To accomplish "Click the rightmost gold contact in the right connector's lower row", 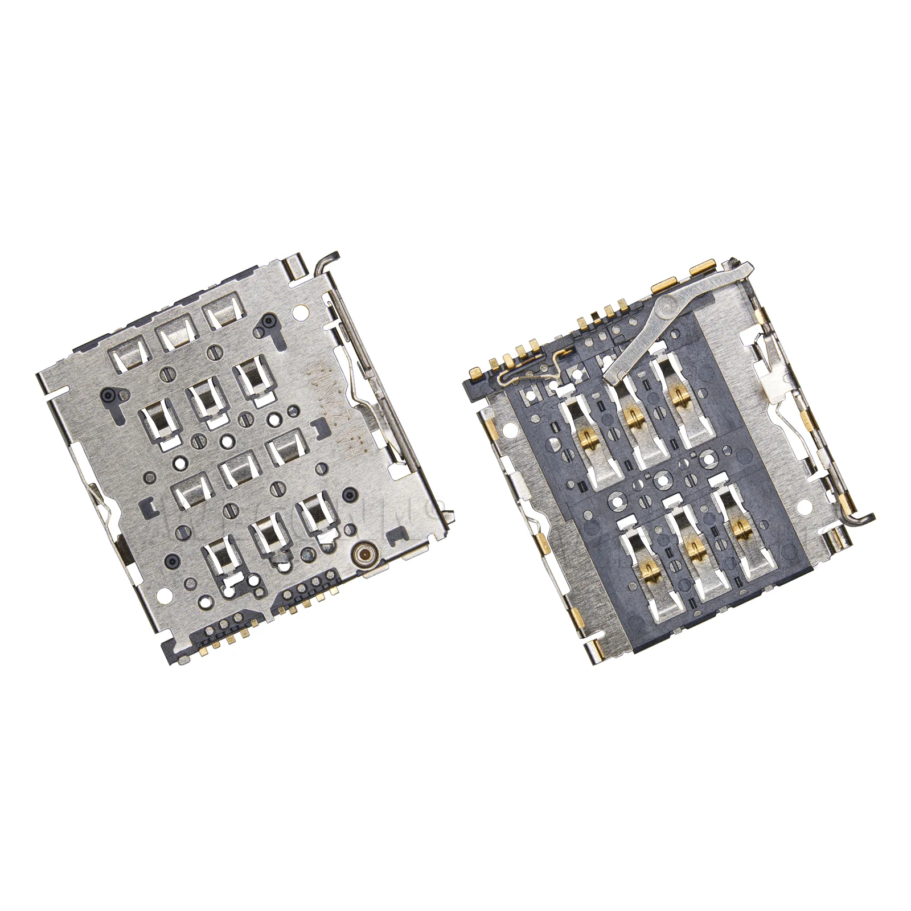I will pyautogui.click(x=739, y=527).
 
